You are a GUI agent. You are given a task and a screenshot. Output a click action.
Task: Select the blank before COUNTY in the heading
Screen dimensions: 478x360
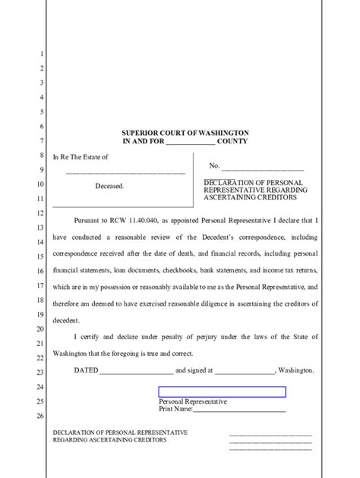coord(190,143)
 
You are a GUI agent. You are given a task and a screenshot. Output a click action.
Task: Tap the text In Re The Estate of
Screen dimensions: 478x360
coord(80,157)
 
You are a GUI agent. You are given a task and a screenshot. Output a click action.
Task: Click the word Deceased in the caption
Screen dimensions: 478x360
coord(109,185)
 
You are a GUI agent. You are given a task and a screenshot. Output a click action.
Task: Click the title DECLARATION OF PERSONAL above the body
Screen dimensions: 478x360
coord(253,183)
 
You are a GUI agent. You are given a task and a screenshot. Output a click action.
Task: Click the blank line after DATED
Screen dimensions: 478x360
coord(136,372)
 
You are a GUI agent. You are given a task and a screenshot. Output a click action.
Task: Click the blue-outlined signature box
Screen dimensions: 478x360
coord(222,392)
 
